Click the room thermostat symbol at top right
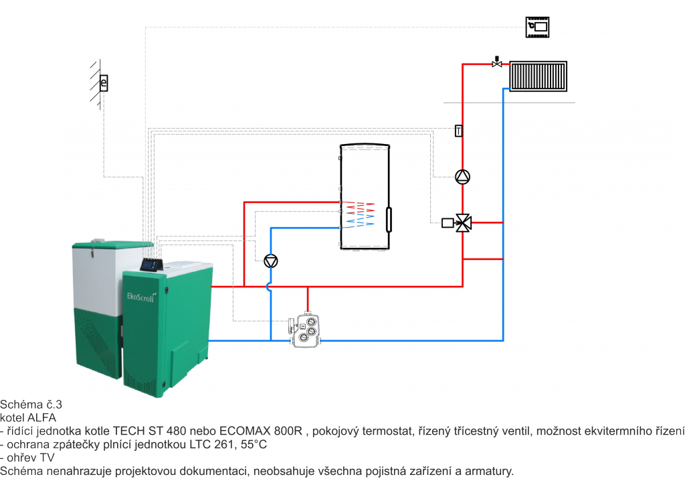(x=537, y=27)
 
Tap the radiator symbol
(x=539, y=76)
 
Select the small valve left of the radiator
(x=497, y=62)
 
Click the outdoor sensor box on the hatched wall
(x=104, y=82)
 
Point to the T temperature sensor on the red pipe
(x=459, y=131)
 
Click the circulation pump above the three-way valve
(x=463, y=177)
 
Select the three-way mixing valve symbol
(x=463, y=222)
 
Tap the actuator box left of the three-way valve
(x=448, y=223)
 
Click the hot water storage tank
(x=365, y=197)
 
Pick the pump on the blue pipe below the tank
(x=271, y=261)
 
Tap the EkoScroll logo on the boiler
(x=141, y=297)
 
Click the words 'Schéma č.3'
(x=31, y=404)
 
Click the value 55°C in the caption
(x=254, y=444)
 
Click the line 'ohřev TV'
(x=27, y=458)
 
